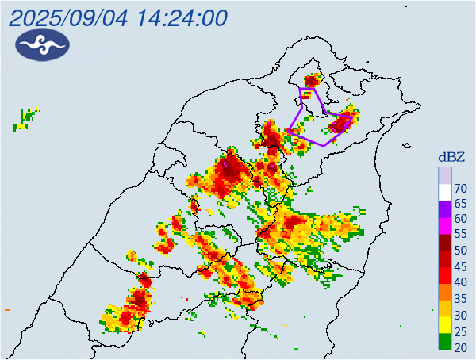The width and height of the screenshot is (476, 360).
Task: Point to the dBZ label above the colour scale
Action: pos(452,157)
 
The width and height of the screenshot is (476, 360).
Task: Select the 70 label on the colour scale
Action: pos(459,188)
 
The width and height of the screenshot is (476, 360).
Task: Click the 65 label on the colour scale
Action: pos(459,204)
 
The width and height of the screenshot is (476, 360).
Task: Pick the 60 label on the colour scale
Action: pos(459,220)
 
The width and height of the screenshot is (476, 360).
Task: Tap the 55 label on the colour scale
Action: pos(459,236)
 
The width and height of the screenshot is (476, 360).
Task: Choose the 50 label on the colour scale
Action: pos(459,251)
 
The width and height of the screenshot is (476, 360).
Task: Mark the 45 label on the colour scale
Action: pos(459,266)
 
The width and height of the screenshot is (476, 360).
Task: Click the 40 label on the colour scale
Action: pos(459,282)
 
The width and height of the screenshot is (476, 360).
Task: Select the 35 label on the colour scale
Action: pos(459,298)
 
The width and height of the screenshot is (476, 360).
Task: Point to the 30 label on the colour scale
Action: pos(459,314)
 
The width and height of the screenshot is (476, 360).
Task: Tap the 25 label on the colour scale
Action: pos(459,331)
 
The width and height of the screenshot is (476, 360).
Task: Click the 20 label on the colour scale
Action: pos(459,347)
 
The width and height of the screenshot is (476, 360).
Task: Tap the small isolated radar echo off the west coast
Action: pos(27,118)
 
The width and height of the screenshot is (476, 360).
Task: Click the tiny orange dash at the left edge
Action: pos(6,309)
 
